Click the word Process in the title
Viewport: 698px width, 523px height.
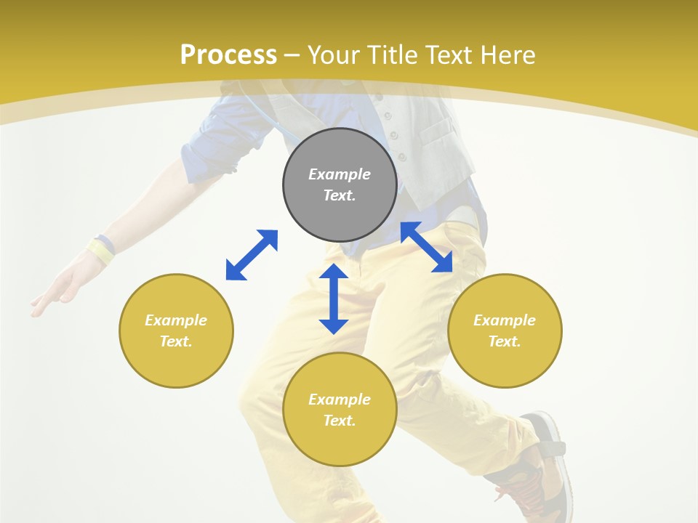point(228,55)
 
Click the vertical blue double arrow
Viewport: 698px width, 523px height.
point(334,299)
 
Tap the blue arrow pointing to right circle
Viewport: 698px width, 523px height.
point(427,247)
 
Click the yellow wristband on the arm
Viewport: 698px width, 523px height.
point(100,251)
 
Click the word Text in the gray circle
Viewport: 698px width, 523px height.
point(340,195)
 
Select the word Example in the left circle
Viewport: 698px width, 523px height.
point(176,320)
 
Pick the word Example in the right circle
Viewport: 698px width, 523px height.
point(505,320)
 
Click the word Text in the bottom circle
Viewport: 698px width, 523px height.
point(340,421)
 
